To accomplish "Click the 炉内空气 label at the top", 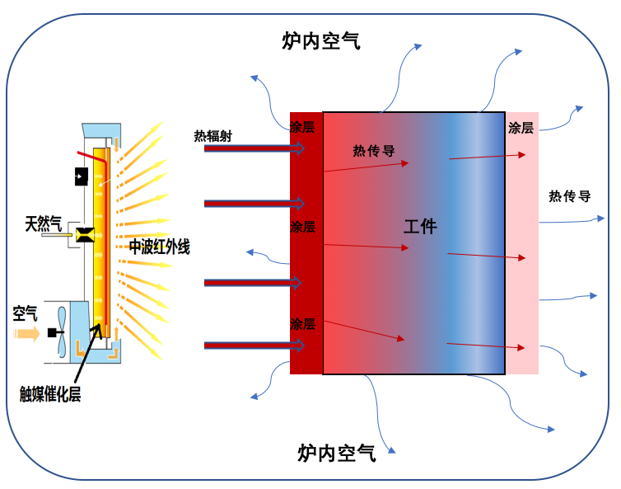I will (x=320, y=41).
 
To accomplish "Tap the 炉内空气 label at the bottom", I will (x=337, y=452).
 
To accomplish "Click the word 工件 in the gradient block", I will (x=420, y=226).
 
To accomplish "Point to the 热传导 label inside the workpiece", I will (x=374, y=151).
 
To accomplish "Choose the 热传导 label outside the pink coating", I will (x=570, y=196).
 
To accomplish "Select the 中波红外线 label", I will (x=159, y=247).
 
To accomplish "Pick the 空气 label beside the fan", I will (x=25, y=313).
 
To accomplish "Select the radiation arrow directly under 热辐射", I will (x=254, y=149).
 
